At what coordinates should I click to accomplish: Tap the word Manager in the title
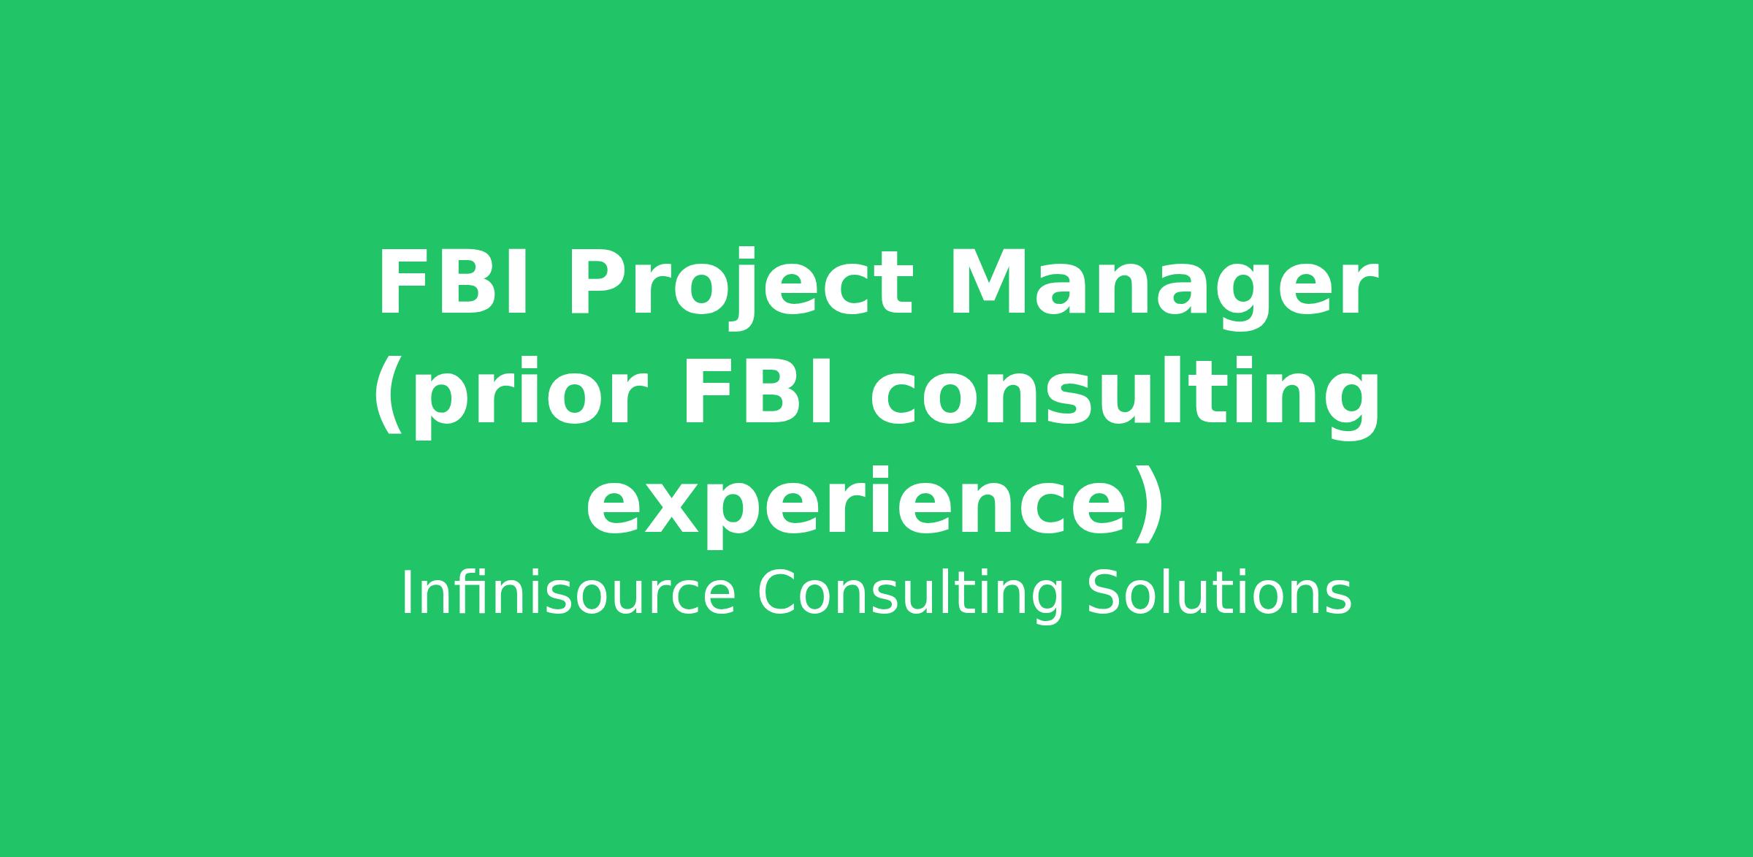1163,289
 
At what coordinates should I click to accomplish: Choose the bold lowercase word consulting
1124,397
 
